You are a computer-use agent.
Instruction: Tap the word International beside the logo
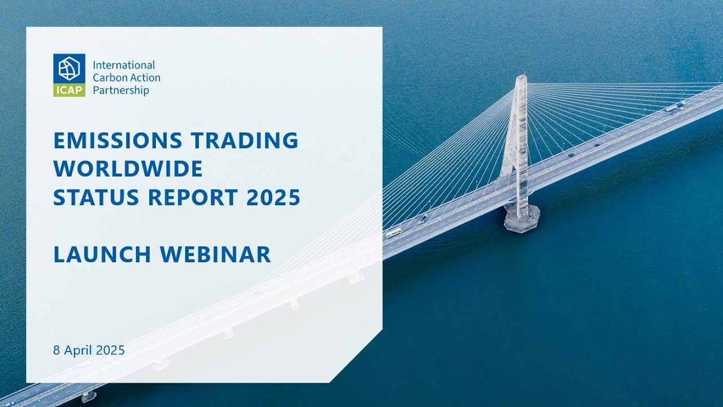[124, 66]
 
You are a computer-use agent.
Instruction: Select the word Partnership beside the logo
[121, 90]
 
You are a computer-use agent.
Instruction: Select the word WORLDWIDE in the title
[128, 169]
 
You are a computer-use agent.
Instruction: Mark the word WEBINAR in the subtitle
[216, 255]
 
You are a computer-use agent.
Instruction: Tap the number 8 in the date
[56, 350]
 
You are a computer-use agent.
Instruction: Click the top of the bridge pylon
[521, 77]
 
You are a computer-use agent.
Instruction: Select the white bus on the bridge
[394, 232]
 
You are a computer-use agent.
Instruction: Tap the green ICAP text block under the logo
[69, 90]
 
